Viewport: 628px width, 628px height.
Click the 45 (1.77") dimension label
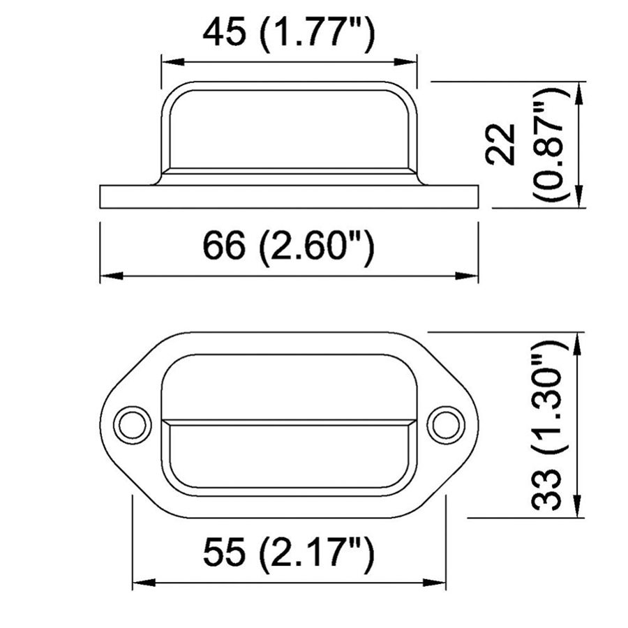pyautogui.click(x=289, y=35)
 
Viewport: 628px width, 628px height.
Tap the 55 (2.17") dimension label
pyautogui.click(x=289, y=555)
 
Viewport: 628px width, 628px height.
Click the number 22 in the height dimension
pyautogui.click(x=501, y=144)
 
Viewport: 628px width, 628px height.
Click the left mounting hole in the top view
pyautogui.click(x=133, y=424)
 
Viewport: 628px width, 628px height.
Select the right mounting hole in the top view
pyautogui.click(x=445, y=424)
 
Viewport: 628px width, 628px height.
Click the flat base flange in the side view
pyautogui.click(x=289, y=197)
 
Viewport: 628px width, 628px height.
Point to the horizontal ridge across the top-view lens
pyautogui.click(x=289, y=421)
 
